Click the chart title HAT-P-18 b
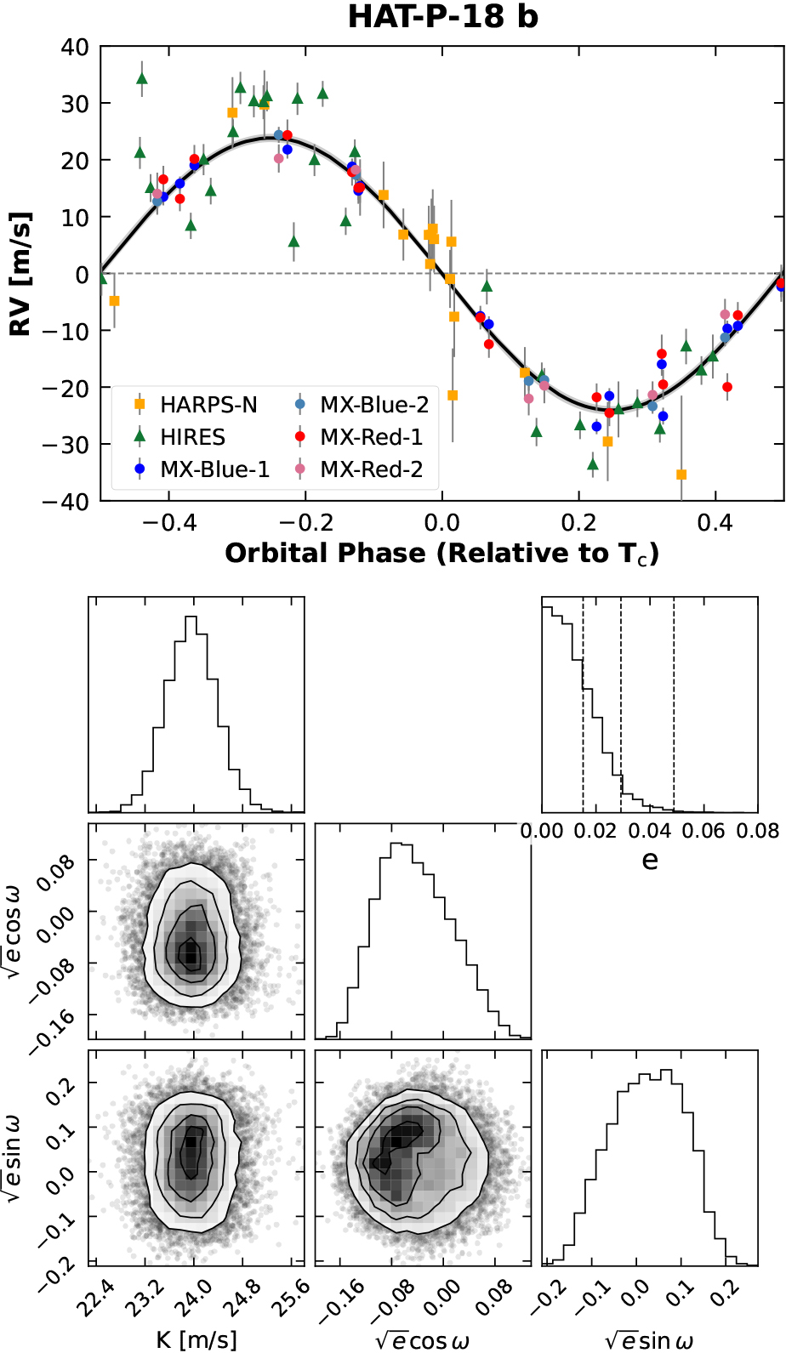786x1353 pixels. [x=442, y=16]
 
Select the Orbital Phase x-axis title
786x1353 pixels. [x=442, y=554]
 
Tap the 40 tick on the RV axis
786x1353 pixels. [x=75, y=47]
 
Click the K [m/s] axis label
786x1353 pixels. [x=196, y=1339]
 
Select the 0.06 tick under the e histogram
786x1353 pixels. [x=703, y=831]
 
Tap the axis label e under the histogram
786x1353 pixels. [x=650, y=861]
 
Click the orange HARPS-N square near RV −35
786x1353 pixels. [x=681, y=475]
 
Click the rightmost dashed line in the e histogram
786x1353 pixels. [x=674, y=706]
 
